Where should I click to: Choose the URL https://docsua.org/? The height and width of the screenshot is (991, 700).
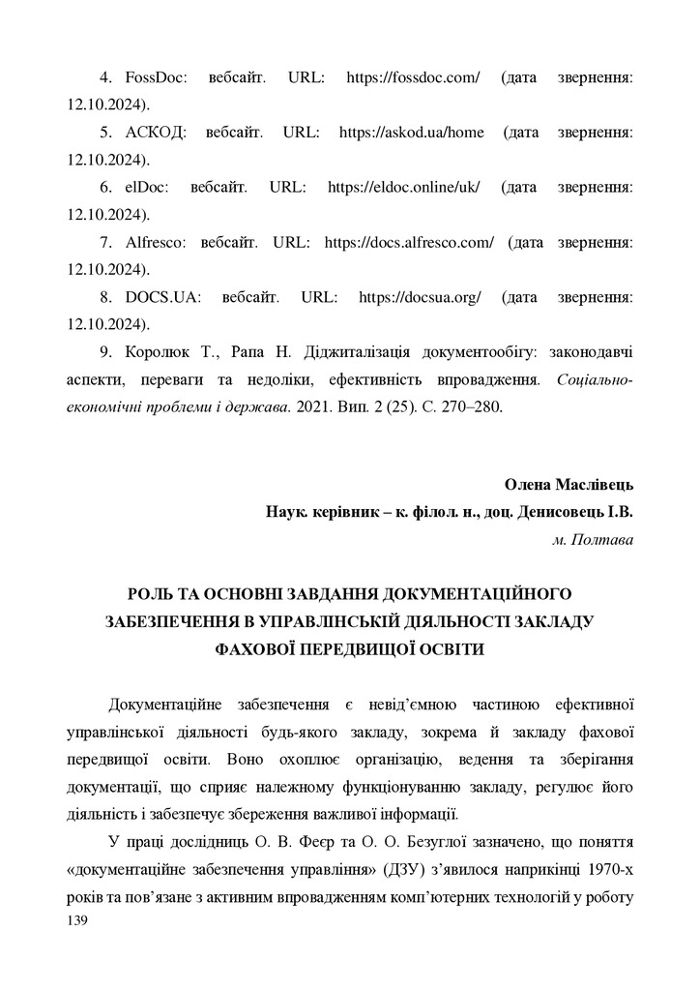point(420,298)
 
